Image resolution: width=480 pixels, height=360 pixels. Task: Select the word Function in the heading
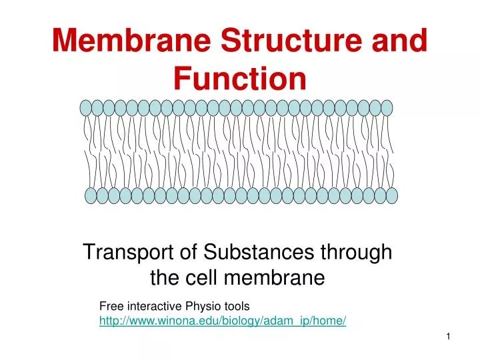click(x=240, y=79)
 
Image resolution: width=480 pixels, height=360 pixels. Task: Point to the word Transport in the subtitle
click(x=122, y=253)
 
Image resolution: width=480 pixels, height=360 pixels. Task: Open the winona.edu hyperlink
click(x=223, y=321)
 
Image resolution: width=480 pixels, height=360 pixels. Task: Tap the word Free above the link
click(x=111, y=307)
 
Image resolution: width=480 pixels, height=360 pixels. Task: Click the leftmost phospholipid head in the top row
click(x=86, y=108)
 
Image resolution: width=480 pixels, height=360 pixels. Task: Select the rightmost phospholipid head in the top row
click(x=386, y=108)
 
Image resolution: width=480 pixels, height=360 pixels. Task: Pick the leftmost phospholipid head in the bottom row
click(x=91, y=195)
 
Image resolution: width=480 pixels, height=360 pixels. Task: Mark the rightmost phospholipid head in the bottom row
click(x=391, y=195)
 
